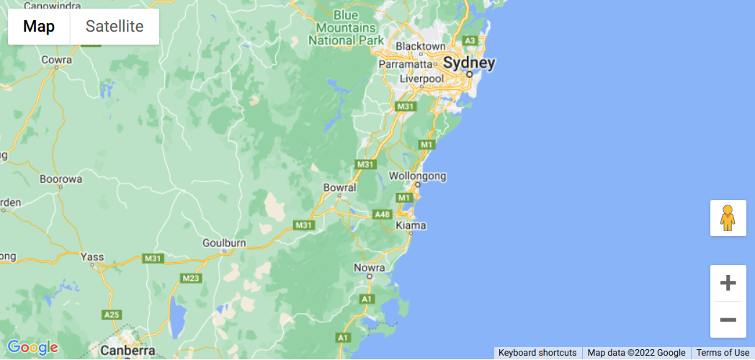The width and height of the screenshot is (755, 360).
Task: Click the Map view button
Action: (39, 27)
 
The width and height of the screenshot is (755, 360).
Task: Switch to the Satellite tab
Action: (115, 27)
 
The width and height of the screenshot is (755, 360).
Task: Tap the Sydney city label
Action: (469, 63)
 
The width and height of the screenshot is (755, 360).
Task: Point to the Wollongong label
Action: (417, 176)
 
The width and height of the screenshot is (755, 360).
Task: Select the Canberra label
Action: (128, 351)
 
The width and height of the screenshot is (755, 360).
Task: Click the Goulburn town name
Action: (224, 243)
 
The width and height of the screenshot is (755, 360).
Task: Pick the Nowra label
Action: (371, 269)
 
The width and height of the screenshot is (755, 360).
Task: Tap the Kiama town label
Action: (411, 225)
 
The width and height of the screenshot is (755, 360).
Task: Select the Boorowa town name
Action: (61, 179)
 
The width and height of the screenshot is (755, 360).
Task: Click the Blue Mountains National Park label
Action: (347, 27)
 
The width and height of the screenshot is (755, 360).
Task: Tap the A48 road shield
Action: (382, 215)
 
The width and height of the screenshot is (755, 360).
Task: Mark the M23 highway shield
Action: (191, 278)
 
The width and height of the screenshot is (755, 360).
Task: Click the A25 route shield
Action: (112, 315)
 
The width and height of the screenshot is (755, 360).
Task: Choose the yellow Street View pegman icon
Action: (728, 217)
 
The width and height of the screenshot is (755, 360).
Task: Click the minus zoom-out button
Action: (728, 320)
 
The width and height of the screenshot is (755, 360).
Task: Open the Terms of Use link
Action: (722, 353)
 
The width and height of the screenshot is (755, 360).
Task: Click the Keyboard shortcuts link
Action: (537, 353)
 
